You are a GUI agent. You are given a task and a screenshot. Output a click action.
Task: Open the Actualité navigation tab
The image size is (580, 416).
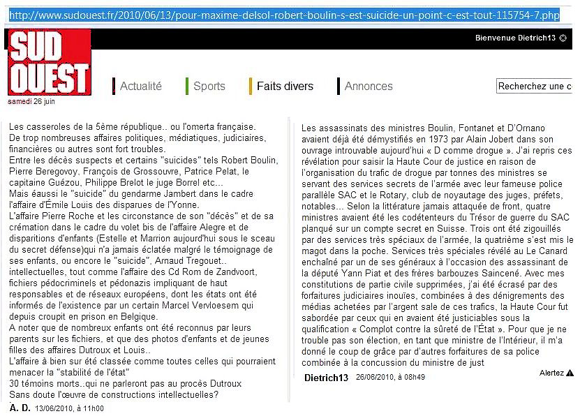pyautogui.click(x=140, y=87)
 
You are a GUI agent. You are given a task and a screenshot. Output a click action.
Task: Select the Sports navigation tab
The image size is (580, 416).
pyautogui.click(x=209, y=87)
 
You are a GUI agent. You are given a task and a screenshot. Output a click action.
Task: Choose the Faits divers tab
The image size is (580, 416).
pyautogui.click(x=285, y=87)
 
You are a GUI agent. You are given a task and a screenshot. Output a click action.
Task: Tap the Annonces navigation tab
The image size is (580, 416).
pyautogui.click(x=369, y=87)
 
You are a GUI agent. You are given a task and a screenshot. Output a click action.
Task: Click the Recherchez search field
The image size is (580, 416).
pyautogui.click(x=535, y=86)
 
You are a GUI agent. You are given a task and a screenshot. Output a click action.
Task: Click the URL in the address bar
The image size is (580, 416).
pyautogui.click(x=285, y=14)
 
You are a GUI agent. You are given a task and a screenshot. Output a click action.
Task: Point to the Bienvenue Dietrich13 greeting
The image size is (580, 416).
pyautogui.click(x=515, y=38)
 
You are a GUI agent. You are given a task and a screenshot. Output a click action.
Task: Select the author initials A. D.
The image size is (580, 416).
pyautogui.click(x=20, y=408)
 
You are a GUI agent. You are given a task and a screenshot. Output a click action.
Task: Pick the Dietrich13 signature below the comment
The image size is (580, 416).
pyautogui.click(x=326, y=378)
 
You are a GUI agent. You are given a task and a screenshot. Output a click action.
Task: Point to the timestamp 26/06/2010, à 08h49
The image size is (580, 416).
pyautogui.click(x=390, y=378)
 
